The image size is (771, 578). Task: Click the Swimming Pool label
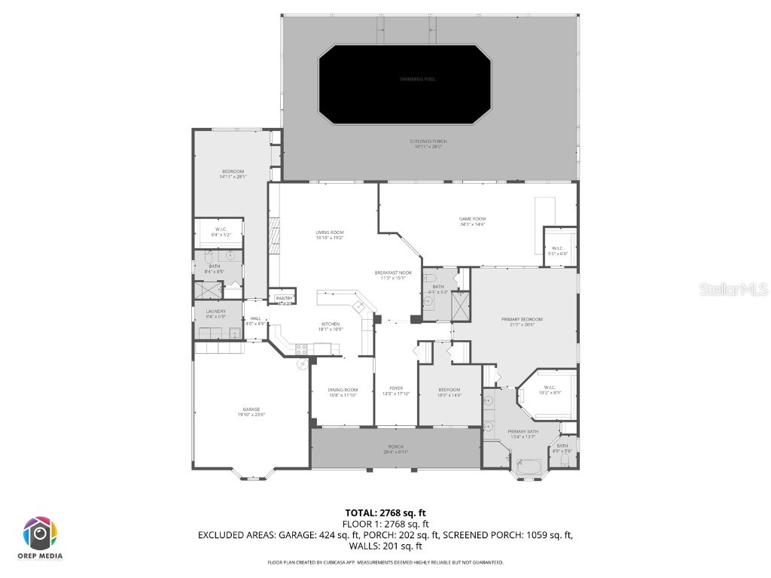417,79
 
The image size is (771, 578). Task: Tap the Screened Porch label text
426,144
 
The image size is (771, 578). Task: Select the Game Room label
472,221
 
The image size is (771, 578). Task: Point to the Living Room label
330,235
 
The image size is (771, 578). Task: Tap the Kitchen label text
330,327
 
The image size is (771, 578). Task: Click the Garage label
251,412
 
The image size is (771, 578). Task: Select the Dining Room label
343,391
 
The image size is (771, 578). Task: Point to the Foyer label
396,391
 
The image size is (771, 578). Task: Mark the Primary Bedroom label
522,321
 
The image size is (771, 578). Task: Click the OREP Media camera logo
39,533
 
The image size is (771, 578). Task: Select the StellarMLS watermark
733,289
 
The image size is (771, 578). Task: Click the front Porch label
396,449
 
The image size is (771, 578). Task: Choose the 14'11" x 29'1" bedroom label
233,174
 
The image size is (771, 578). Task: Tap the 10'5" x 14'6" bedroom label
449,391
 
